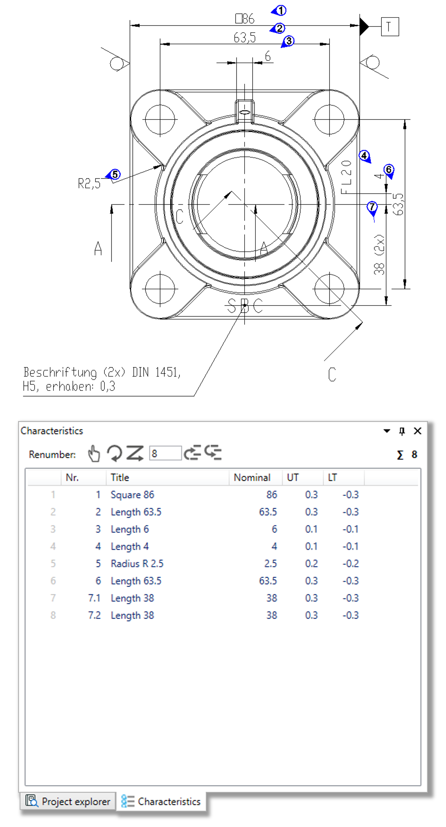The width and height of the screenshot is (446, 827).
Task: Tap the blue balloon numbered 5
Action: (x=114, y=174)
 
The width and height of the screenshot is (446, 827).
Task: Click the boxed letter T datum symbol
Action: (x=390, y=27)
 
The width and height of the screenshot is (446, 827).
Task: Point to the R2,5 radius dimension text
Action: (x=89, y=184)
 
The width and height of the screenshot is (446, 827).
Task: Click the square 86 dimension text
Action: (x=245, y=19)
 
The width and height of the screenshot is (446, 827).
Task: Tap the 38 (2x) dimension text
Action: (x=379, y=255)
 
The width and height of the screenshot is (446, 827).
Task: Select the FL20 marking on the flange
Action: (x=346, y=177)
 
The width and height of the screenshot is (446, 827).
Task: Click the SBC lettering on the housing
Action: (x=245, y=306)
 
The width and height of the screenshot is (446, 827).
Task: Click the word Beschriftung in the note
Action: (x=60, y=372)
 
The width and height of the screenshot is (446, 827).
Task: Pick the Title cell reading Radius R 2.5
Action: (x=137, y=563)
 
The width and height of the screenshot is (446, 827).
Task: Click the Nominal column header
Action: (x=252, y=477)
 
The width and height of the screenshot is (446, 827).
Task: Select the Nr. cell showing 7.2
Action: (x=94, y=615)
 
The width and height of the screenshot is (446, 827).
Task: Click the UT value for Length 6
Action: (x=311, y=529)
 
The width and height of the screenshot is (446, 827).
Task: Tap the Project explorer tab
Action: (x=68, y=801)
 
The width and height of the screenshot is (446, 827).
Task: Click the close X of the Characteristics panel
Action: (x=417, y=431)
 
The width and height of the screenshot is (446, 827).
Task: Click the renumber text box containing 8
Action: (x=165, y=453)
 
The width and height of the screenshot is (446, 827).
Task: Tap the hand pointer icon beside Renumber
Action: (x=94, y=453)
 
